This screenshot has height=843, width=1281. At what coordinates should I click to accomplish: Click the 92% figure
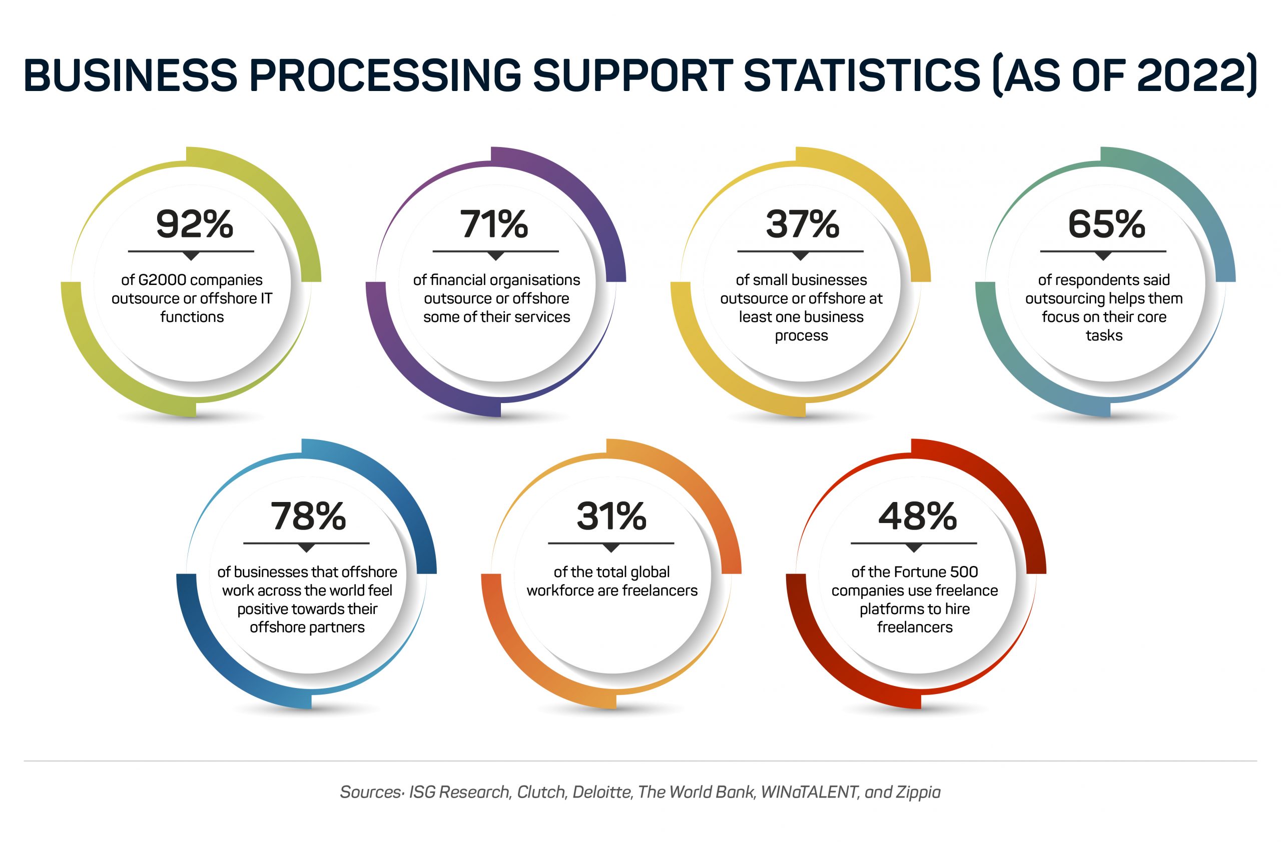pyautogui.click(x=194, y=224)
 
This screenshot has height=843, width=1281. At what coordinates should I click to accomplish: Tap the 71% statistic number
pyautogui.click(x=494, y=224)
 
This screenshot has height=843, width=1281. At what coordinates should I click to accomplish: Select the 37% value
pyautogui.click(x=802, y=224)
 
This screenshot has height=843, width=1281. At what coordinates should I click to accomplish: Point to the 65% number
pyautogui.click(x=1106, y=224)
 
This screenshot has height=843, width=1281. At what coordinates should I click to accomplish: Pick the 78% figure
pyautogui.click(x=308, y=516)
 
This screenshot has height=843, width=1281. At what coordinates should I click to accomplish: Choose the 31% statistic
pyautogui.click(x=611, y=516)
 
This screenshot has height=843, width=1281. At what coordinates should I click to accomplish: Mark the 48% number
pyautogui.click(x=917, y=516)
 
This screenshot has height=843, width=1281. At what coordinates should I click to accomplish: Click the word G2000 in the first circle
pyautogui.click(x=163, y=280)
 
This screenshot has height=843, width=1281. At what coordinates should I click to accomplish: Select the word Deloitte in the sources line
pyautogui.click(x=602, y=792)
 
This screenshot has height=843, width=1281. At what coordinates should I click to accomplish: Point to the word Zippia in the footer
pyautogui.click(x=918, y=792)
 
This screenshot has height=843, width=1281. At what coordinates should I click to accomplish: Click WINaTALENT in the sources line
pyautogui.click(x=809, y=792)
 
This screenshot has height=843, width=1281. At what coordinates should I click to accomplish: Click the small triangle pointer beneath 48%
pyautogui.click(x=913, y=548)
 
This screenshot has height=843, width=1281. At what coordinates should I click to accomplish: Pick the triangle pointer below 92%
pyautogui.click(x=191, y=256)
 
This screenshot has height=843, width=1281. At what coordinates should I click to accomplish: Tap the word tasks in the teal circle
pyautogui.click(x=1104, y=335)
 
